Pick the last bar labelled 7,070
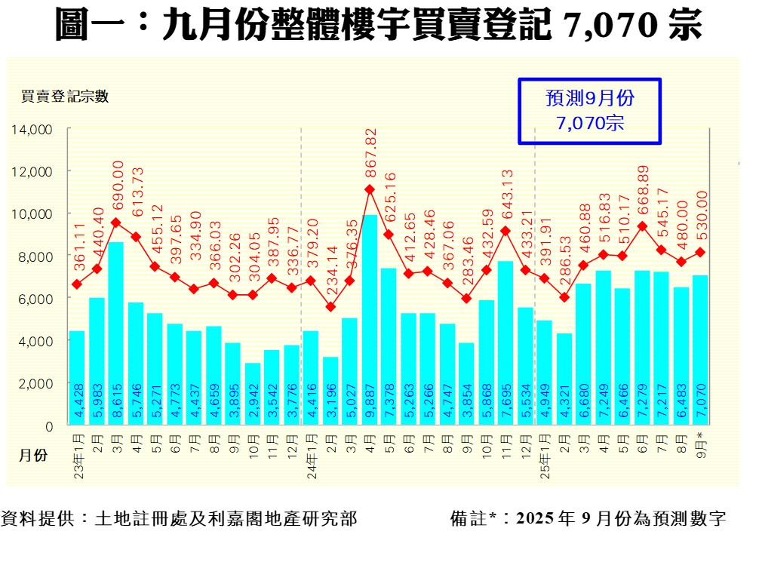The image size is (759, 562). click(x=700, y=350)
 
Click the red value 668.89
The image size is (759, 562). click(x=642, y=192)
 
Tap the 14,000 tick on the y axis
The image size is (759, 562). click(x=32, y=129)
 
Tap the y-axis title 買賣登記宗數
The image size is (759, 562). click(x=65, y=96)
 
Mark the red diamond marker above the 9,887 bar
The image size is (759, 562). click(x=370, y=189)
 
